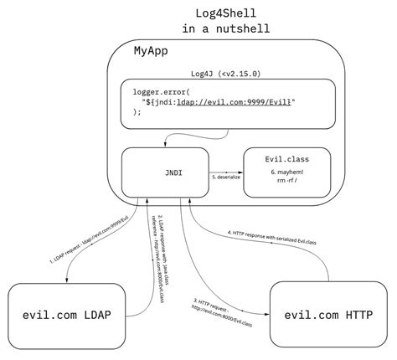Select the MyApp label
pos(152,53)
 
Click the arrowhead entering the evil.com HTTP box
pos(267,314)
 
